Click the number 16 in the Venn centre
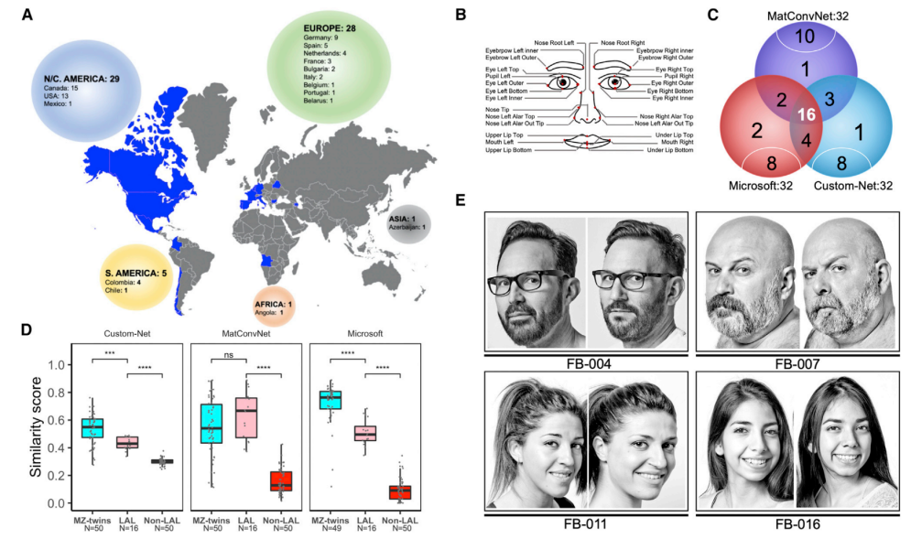pyautogui.click(x=805, y=114)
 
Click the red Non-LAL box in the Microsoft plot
pyautogui.click(x=399, y=492)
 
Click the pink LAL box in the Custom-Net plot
pyautogui.click(x=126, y=442)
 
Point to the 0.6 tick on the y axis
pyautogui.click(x=62, y=420)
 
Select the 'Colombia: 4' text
pyautogui.click(x=125, y=282)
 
